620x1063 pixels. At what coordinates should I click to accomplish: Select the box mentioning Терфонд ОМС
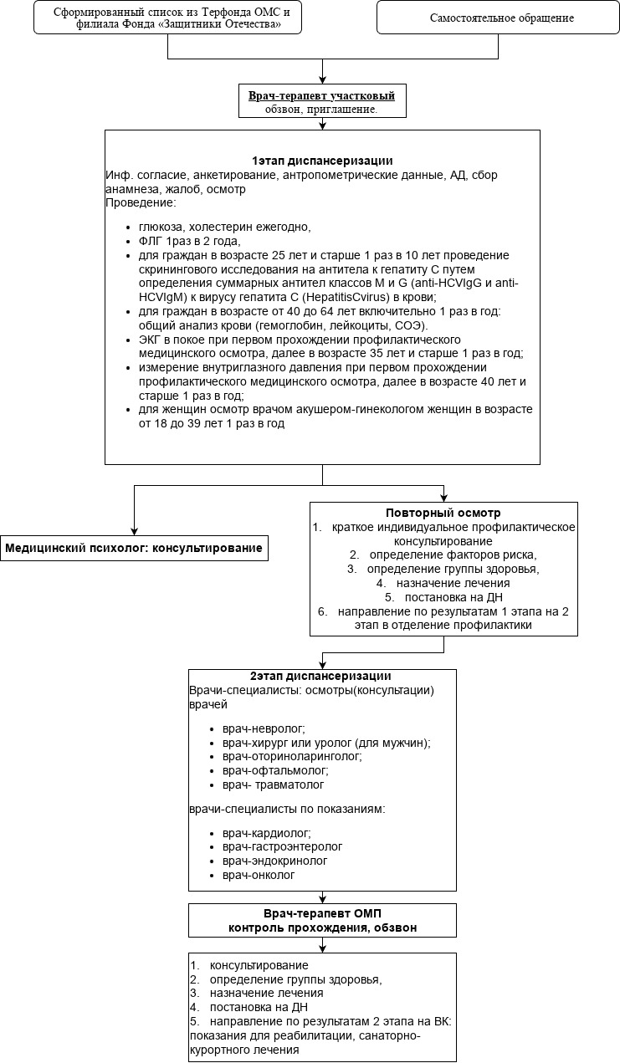pos(167,18)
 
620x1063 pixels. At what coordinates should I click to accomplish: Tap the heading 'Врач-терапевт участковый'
pos(321,96)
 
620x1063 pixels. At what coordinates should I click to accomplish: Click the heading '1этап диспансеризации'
pos(322,161)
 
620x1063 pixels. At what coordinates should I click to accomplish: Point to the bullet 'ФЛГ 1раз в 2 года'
pos(174,241)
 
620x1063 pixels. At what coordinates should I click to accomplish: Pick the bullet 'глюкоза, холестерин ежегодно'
pos(218,227)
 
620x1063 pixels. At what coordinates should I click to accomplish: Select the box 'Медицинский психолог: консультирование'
pos(134,549)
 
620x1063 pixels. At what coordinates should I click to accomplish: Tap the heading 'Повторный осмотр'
pos(443,513)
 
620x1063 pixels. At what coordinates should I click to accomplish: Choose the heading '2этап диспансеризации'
pos(321,676)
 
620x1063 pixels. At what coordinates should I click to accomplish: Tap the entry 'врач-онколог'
pos(259,875)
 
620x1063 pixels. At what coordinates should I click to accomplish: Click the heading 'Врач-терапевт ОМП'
pos(322,914)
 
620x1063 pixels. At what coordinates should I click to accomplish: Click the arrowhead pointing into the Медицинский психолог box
pos(134,531)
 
